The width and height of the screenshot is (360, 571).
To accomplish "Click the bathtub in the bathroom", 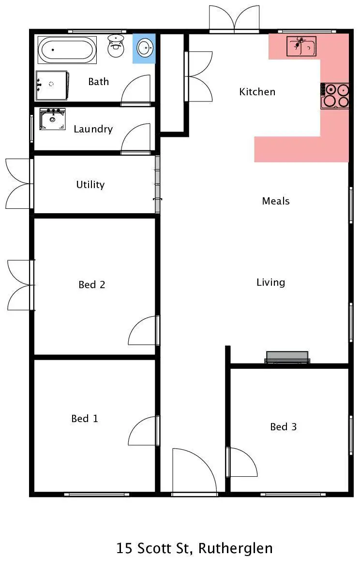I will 67,50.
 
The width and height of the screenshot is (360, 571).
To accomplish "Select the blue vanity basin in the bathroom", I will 144,48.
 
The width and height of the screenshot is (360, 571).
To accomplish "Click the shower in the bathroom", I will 52,85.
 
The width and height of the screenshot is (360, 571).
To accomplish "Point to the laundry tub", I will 52,118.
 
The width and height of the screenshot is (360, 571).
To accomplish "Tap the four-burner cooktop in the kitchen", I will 335,95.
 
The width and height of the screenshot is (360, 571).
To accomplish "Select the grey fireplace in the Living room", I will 287,357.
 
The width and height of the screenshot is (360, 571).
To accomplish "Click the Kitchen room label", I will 257,92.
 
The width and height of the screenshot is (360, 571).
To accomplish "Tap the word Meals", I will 276,201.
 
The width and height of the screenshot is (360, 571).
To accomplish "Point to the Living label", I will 270,282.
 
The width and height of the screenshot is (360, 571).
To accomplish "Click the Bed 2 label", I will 91,285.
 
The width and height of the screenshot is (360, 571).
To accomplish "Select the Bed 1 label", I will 85,419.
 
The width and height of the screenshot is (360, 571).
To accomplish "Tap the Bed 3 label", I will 283,427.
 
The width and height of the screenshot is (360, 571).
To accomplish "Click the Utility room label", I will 90,185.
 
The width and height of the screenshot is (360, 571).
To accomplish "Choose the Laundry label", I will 93,129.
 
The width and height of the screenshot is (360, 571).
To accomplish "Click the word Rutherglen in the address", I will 236,549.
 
